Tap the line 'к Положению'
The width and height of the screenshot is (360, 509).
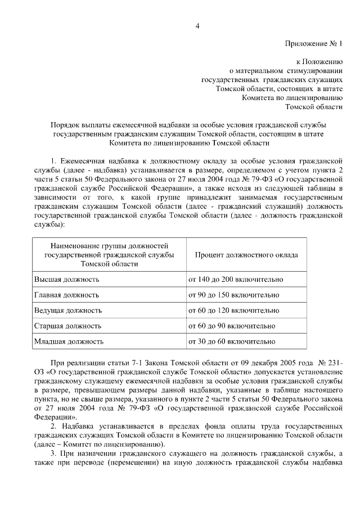click(319, 61)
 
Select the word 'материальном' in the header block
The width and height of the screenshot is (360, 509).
click(263, 70)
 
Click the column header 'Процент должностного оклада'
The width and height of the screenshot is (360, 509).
click(246, 255)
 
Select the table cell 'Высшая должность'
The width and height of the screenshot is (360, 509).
click(67, 279)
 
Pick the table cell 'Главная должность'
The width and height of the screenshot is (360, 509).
click(67, 295)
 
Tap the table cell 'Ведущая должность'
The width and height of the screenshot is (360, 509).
click(68, 310)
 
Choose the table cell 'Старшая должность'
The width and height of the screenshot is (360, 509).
click(68, 326)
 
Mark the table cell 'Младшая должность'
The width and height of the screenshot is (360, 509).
click(69, 341)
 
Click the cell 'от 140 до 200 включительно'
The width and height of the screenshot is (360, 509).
click(236, 279)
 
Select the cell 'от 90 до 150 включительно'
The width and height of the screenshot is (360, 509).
click(233, 295)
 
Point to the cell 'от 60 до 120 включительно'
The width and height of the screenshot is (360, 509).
click(233, 310)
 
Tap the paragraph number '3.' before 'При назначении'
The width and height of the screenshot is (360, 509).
click(54, 454)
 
